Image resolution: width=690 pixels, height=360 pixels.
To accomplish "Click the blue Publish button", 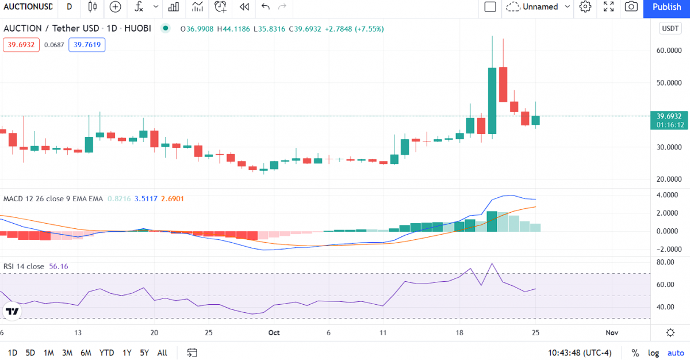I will (x=667, y=7).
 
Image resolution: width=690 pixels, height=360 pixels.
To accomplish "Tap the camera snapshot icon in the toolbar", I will (x=631, y=7).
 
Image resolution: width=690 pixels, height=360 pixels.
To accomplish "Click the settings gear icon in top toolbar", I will (x=585, y=7).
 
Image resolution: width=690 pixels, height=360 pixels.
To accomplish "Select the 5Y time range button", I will (x=145, y=353).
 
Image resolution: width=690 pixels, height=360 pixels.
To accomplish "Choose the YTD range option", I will (x=106, y=353).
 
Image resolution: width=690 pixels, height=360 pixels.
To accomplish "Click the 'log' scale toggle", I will (x=653, y=353).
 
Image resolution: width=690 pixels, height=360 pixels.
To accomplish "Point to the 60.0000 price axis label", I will (x=669, y=51).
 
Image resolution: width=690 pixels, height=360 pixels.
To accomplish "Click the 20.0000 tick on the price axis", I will (x=669, y=179).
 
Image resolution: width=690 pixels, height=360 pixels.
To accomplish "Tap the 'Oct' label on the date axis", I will (x=274, y=332).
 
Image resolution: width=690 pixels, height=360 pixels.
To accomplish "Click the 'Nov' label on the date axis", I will (x=612, y=332).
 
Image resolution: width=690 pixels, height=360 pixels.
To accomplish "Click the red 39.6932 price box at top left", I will (x=21, y=45).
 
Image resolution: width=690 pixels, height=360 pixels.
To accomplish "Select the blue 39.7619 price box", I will (x=87, y=45).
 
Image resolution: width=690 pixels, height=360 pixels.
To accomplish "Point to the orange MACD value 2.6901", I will (x=172, y=199).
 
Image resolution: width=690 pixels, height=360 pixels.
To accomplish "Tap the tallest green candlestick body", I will (x=492, y=101).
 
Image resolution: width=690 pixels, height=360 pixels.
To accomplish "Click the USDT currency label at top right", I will (x=670, y=29).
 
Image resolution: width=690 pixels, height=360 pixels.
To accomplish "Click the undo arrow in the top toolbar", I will (x=265, y=7).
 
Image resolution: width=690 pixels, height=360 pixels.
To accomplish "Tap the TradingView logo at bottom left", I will (x=12, y=312).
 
